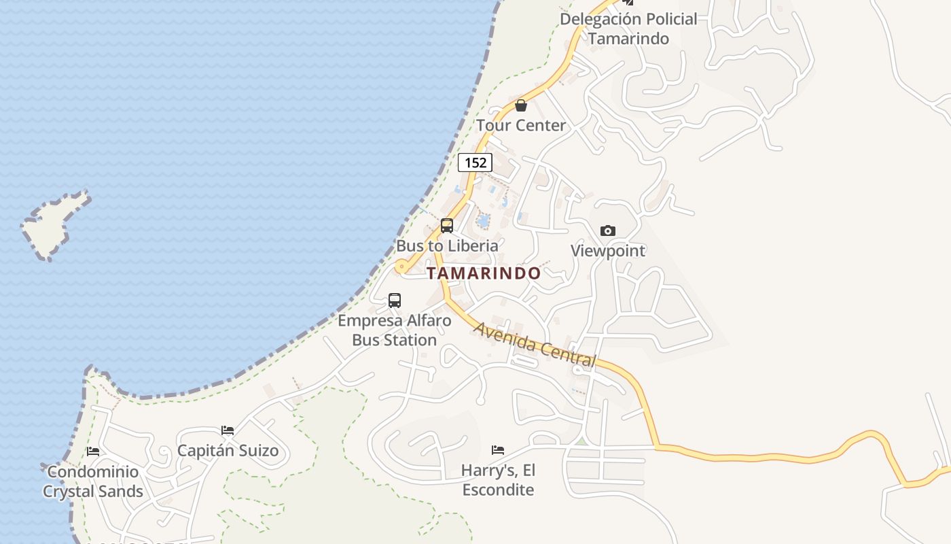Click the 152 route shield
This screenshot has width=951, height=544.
[475, 163]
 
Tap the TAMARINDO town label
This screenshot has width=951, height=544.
[484, 273]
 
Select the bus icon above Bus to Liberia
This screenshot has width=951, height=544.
[447, 226]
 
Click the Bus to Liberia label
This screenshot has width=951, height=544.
[447, 245]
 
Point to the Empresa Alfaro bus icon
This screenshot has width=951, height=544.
[395, 300]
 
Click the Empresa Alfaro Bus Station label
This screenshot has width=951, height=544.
[395, 330]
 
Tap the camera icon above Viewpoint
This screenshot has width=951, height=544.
[608, 231]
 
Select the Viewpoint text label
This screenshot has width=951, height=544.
[608, 250]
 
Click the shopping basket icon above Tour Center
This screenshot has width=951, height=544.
[521, 105]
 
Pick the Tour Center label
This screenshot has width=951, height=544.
[521, 125]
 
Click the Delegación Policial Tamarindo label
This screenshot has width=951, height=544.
[628, 29]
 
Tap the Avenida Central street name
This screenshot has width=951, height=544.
[535, 345]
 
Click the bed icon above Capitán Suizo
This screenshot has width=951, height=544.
[228, 430]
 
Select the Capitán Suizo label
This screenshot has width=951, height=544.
[228, 450]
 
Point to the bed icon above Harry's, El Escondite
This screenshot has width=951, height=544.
[498, 449]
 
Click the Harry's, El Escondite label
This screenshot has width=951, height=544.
[498, 479]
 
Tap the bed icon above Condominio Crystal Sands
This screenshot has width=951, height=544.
[93, 452]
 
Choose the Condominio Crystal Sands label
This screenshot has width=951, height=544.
[93, 481]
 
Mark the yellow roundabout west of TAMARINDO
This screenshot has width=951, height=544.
[401, 267]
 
